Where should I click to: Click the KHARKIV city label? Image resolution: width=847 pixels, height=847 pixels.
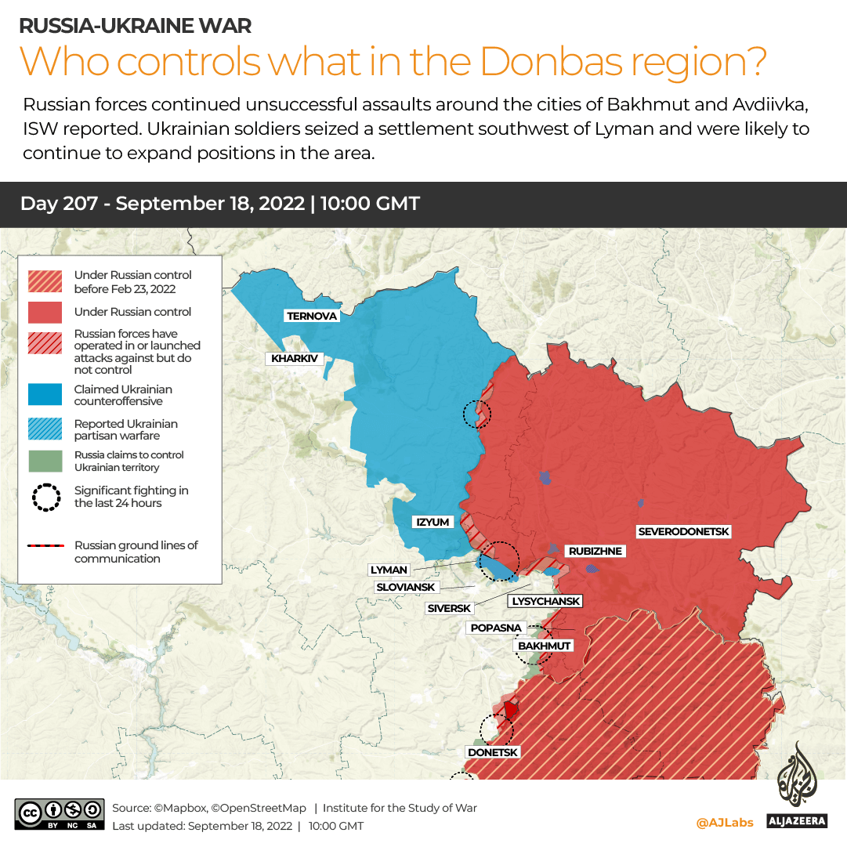[x=295, y=359]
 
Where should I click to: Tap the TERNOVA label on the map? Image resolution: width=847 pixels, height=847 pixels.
[x=313, y=316]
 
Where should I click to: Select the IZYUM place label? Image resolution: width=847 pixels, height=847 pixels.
[x=432, y=522]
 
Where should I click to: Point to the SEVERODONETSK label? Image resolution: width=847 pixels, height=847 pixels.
[x=683, y=532]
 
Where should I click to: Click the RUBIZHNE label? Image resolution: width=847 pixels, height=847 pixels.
[x=595, y=551]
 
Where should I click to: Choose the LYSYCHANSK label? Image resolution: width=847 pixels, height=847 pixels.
[x=546, y=601]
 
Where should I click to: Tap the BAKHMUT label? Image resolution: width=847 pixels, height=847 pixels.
[x=543, y=646]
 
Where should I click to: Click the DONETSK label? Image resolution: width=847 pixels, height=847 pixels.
[x=493, y=752]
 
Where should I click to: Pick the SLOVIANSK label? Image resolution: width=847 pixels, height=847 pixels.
[x=406, y=587]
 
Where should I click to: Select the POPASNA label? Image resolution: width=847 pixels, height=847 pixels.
[x=496, y=628]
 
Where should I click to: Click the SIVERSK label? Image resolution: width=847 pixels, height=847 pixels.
[x=449, y=608]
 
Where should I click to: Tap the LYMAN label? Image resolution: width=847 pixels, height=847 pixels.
[x=389, y=570]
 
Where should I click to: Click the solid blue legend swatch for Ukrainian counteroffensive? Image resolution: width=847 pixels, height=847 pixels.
[x=45, y=395]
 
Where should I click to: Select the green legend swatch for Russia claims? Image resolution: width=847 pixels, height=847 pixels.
[x=45, y=461]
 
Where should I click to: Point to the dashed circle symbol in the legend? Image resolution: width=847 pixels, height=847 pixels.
[x=45, y=497]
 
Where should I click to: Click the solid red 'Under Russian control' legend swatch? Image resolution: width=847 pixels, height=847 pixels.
[x=45, y=312]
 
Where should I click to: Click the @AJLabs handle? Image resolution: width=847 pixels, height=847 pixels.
[x=725, y=822]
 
